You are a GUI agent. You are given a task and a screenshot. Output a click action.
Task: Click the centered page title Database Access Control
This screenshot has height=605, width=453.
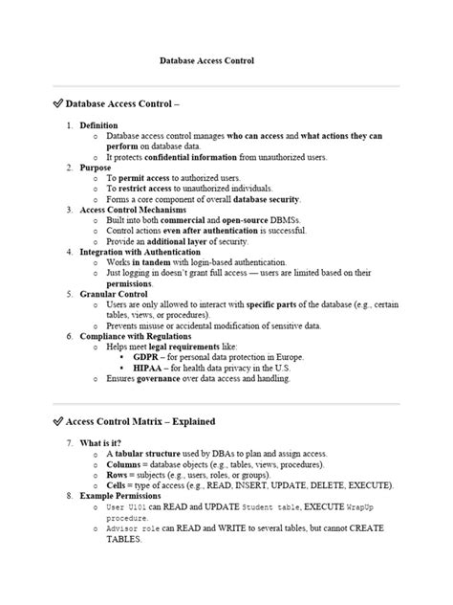click(206, 60)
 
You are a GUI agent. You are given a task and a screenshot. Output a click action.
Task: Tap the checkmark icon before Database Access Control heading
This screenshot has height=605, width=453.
click(56, 101)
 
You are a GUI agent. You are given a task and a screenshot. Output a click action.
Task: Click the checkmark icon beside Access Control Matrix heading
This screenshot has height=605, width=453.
click(56, 420)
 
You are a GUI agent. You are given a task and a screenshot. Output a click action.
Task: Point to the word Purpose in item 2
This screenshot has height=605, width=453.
click(96, 168)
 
